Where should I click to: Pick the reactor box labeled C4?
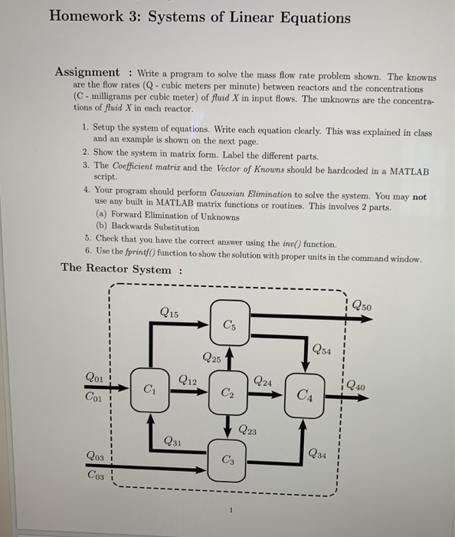(x=305, y=396)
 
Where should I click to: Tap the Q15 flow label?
(x=170, y=312)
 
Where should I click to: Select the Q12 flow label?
(x=188, y=380)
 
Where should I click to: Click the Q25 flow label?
(x=212, y=357)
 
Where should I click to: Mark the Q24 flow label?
(x=262, y=381)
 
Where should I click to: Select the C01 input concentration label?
(x=95, y=397)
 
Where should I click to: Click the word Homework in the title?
(x=93, y=18)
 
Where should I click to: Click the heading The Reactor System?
(x=116, y=268)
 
